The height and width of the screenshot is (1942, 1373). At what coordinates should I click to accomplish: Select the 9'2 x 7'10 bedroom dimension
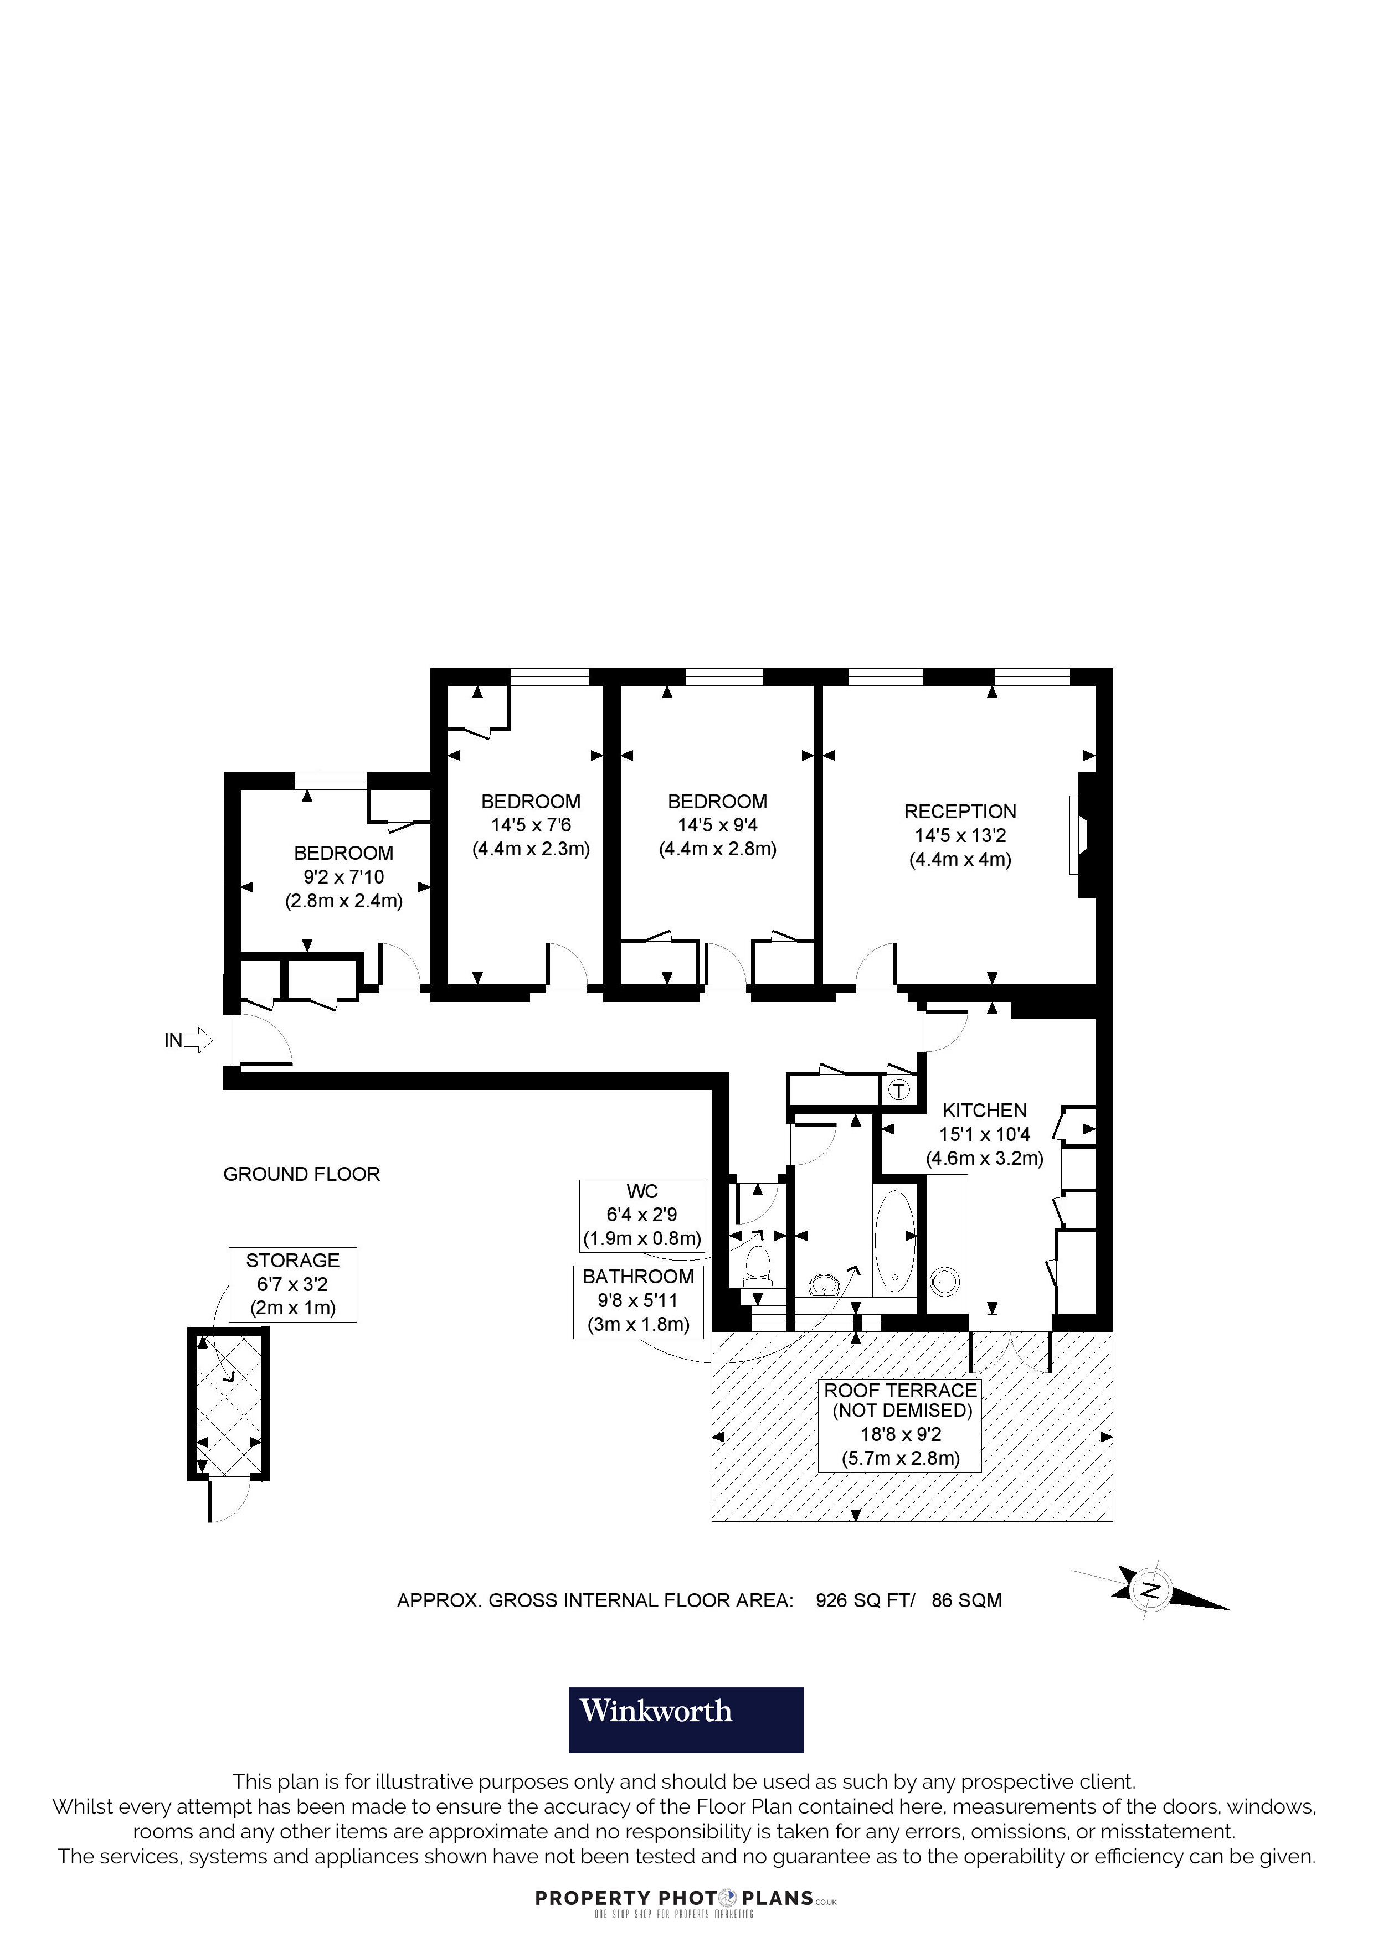click(343, 877)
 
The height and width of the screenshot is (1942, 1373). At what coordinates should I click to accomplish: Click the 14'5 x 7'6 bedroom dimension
click(531, 825)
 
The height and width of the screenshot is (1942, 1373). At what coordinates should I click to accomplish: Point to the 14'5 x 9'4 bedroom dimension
click(717, 825)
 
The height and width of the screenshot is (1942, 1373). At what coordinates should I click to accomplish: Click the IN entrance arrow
click(197, 1040)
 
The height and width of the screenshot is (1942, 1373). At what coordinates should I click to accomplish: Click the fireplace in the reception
click(1076, 835)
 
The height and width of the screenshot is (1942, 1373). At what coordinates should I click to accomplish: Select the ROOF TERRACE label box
click(900, 1424)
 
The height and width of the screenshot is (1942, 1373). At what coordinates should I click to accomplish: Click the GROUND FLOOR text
click(301, 1174)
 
